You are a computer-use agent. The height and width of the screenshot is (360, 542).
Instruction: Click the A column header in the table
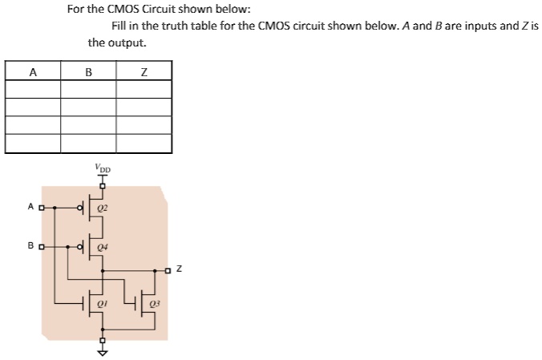click(x=33, y=72)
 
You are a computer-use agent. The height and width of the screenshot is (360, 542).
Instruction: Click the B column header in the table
click(x=88, y=72)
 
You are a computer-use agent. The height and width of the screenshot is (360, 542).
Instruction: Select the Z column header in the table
click(x=144, y=72)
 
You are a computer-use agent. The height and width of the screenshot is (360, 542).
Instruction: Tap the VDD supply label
click(x=102, y=170)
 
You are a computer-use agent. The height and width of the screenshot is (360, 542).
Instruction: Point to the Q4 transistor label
click(x=102, y=247)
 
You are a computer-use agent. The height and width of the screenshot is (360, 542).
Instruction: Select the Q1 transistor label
click(x=102, y=304)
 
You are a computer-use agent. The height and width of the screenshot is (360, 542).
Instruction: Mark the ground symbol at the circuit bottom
click(x=102, y=351)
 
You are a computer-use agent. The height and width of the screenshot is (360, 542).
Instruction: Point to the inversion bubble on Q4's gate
click(x=80, y=247)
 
